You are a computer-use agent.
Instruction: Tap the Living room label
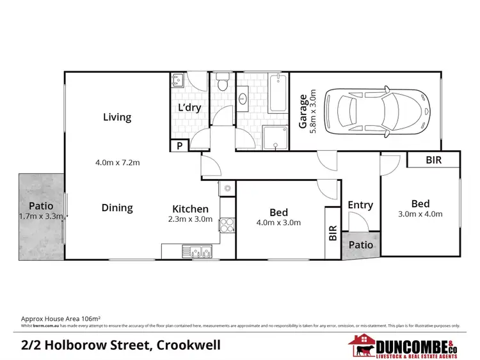pyautogui.click(x=117, y=117)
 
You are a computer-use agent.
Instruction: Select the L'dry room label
pyautogui.click(x=189, y=107)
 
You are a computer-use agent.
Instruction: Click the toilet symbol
pyautogui.click(x=222, y=81)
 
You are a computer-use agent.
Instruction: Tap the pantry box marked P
pyautogui.click(x=179, y=146)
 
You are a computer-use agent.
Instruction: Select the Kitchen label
pyautogui.click(x=190, y=208)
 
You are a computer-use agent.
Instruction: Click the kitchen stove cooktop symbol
pyautogui.click(x=227, y=225)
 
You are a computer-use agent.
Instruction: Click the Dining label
pyautogui.click(x=117, y=208)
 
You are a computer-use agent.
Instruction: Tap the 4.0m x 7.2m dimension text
pyautogui.click(x=117, y=162)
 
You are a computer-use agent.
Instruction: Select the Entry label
pyautogui.click(x=360, y=205)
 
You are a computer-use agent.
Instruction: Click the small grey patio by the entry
pyautogui.click(x=360, y=246)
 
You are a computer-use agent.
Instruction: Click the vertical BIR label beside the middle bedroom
pyautogui.click(x=332, y=231)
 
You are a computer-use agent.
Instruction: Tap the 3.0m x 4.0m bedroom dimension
pyautogui.click(x=420, y=214)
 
